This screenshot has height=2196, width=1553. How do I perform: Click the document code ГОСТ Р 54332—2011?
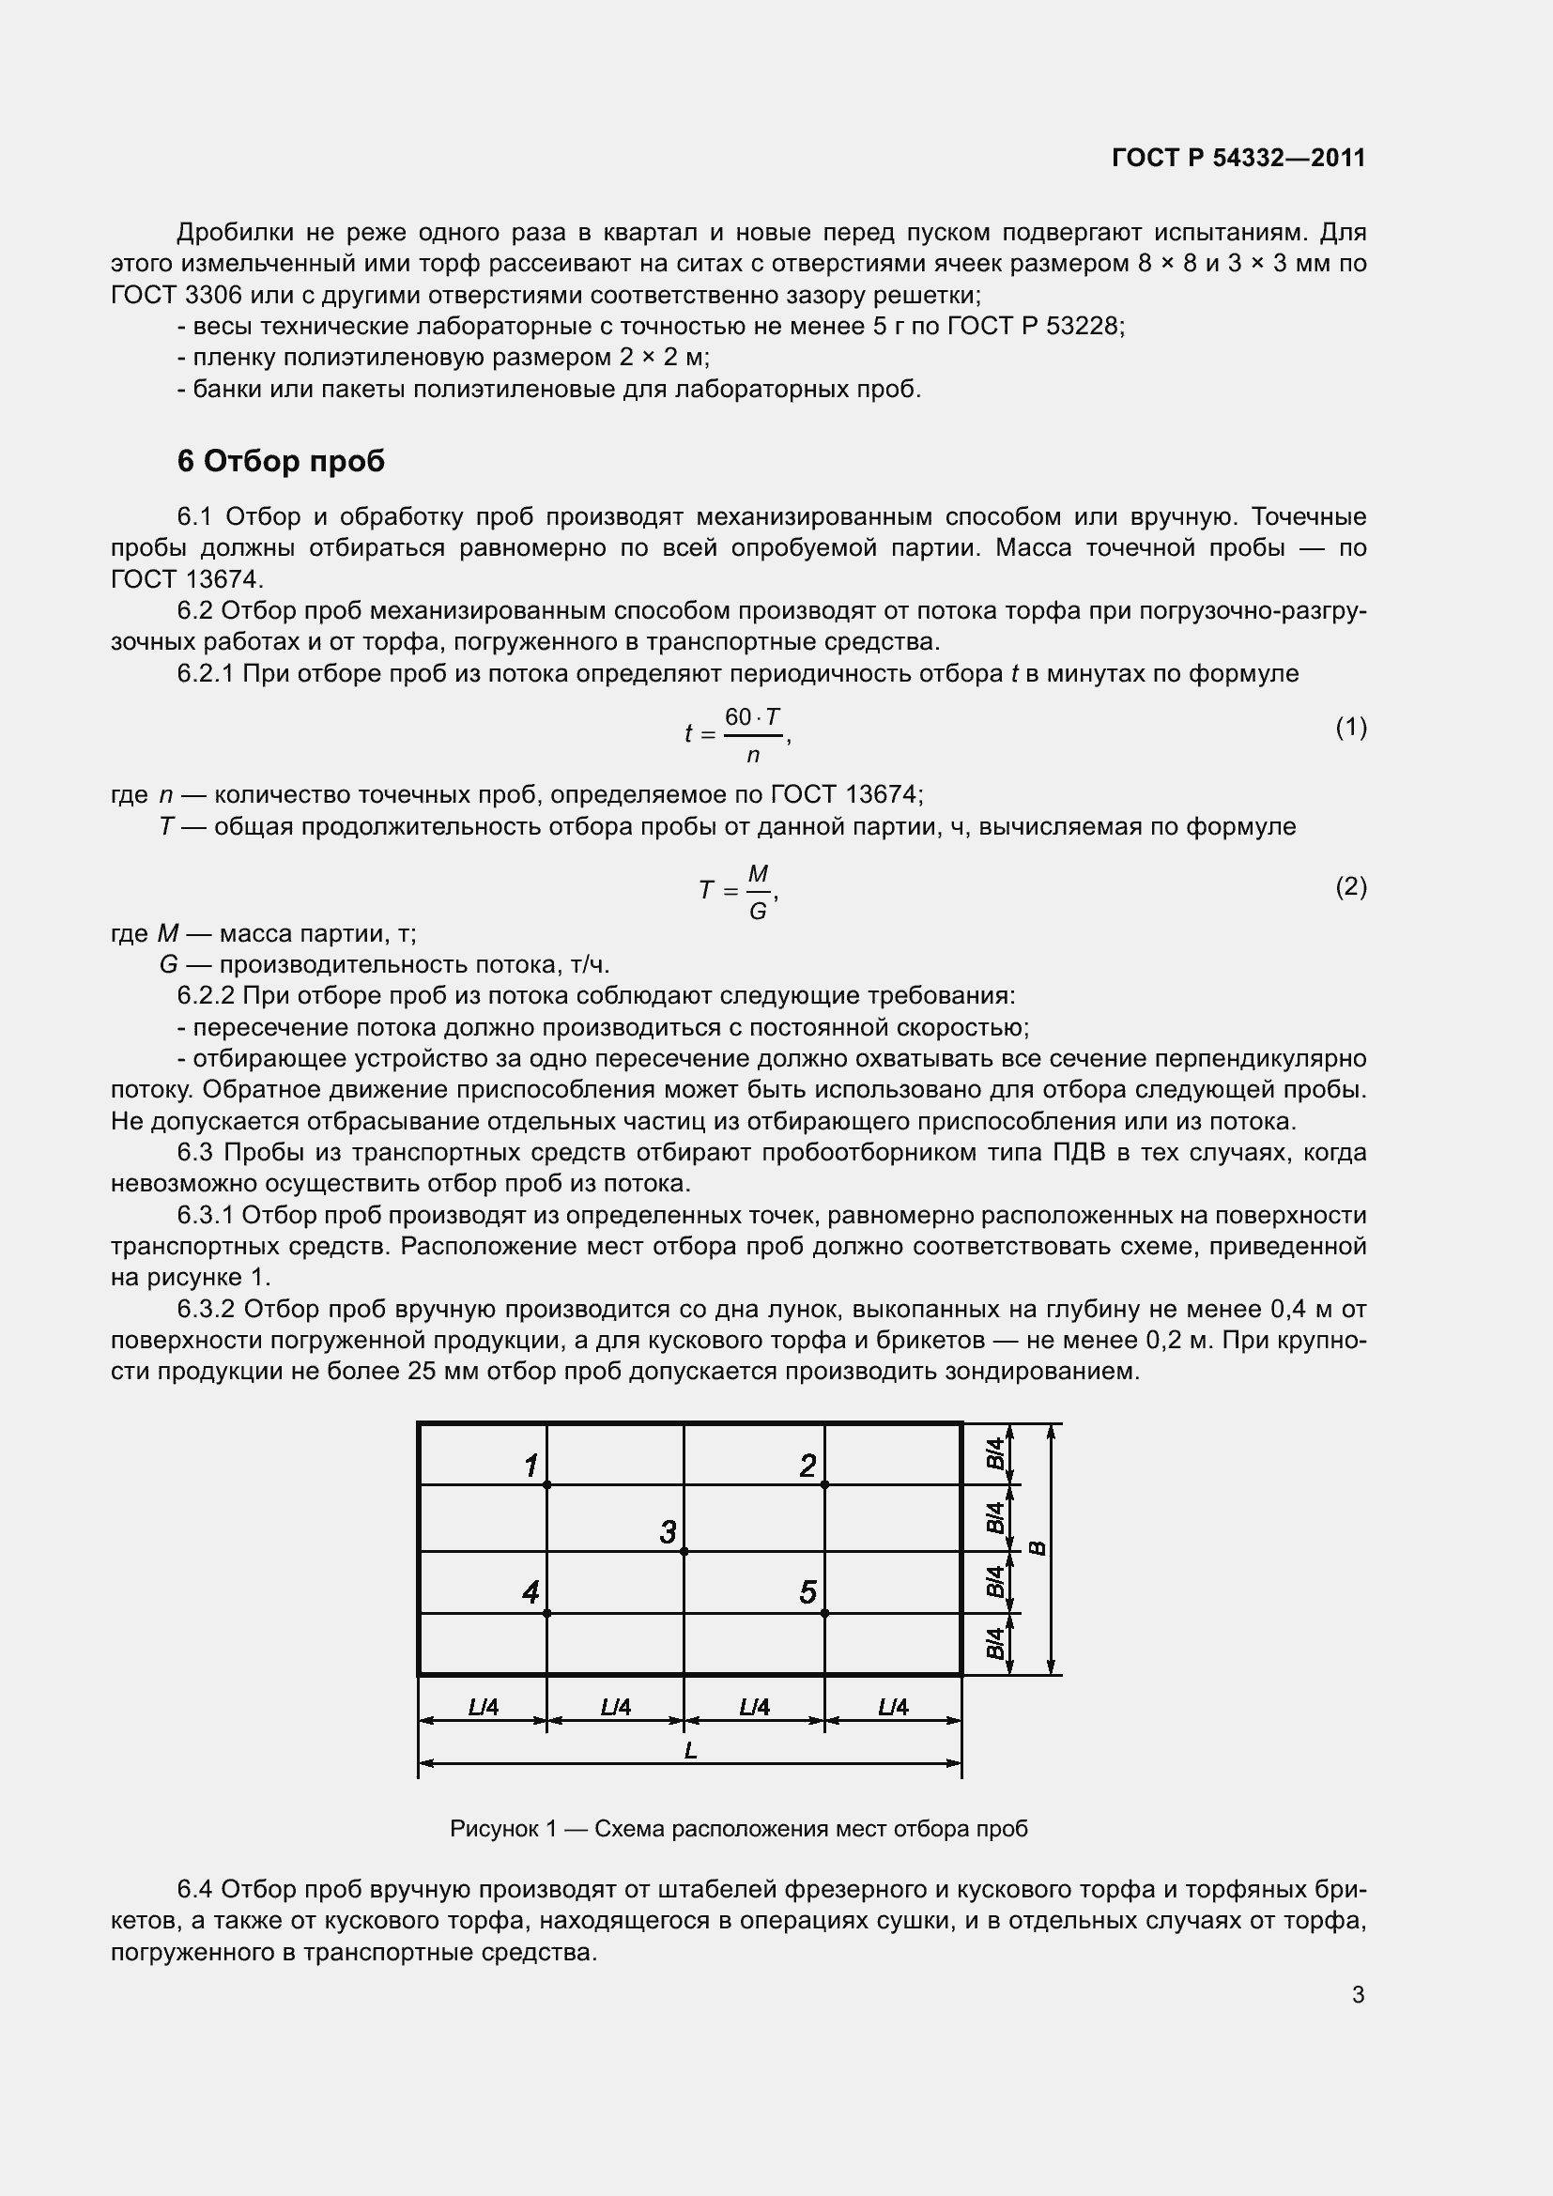pos(1238,158)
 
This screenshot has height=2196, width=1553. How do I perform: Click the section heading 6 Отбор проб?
pos(280,461)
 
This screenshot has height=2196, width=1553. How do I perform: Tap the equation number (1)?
pos(1350,728)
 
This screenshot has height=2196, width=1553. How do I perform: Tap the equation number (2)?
pos(1350,886)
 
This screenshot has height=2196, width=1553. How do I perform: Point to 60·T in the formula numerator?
pos(752,716)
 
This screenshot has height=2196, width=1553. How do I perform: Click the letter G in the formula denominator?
pos(758,911)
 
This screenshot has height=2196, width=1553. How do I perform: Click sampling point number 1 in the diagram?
pos(530,1465)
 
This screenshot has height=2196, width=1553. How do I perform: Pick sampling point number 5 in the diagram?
pos(807,1592)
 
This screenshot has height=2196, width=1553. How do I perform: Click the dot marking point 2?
pos(824,1484)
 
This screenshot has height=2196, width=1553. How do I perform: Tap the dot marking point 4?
pos(547,1613)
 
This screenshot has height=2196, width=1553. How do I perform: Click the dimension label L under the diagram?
pos(690,1750)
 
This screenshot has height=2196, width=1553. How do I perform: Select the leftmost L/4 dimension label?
pos(483,1706)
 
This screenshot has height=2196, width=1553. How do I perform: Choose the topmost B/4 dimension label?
pos(995,1453)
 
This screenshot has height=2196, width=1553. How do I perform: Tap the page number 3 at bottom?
pos(1358,1994)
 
